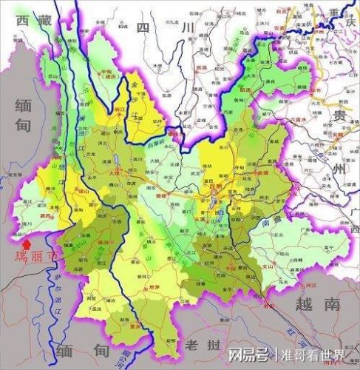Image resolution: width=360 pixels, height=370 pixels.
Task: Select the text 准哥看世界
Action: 313,353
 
